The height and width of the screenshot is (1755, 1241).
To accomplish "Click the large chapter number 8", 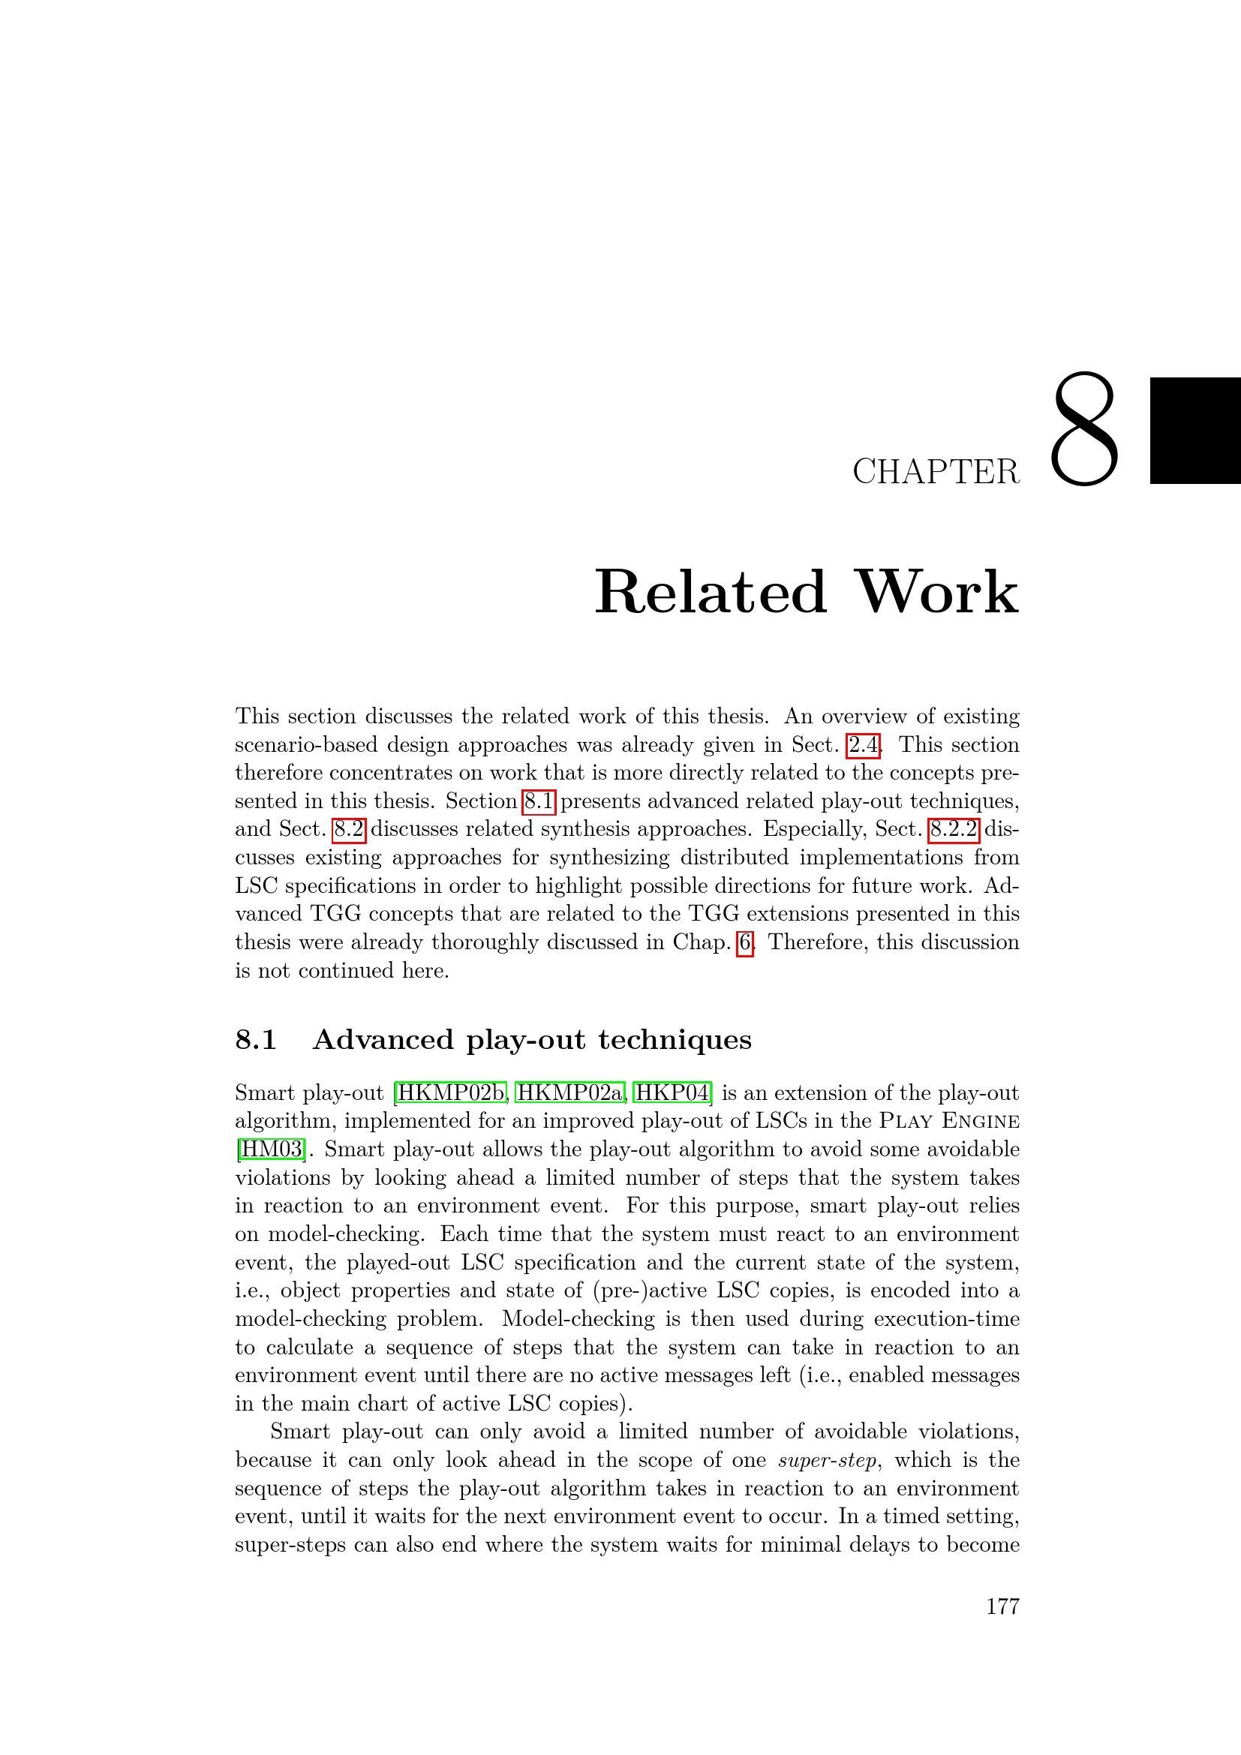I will [1084, 430].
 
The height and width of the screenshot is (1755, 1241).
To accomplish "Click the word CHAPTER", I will [936, 473].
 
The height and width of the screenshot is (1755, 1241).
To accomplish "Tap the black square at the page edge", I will [1194, 431].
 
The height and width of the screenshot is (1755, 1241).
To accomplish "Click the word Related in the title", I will [711, 593].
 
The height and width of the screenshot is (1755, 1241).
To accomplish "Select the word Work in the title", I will [937, 593].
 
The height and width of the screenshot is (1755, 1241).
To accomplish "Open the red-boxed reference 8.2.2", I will [953, 829].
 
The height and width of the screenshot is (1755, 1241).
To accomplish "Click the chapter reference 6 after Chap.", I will [744, 942].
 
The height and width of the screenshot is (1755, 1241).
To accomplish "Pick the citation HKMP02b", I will [452, 1093].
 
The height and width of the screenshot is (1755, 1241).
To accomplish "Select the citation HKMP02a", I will [570, 1093].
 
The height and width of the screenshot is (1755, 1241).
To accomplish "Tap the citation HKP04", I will [672, 1093].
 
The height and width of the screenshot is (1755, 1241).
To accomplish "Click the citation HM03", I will [272, 1149].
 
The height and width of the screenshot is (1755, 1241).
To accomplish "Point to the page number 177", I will [1002, 1606].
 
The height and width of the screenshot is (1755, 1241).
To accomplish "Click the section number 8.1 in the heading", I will [256, 1040].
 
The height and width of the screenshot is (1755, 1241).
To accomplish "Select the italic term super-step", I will [827, 1461].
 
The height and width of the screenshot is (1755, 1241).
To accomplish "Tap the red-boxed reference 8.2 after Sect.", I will [349, 829].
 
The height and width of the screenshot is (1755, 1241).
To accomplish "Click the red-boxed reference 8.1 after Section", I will [538, 801].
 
